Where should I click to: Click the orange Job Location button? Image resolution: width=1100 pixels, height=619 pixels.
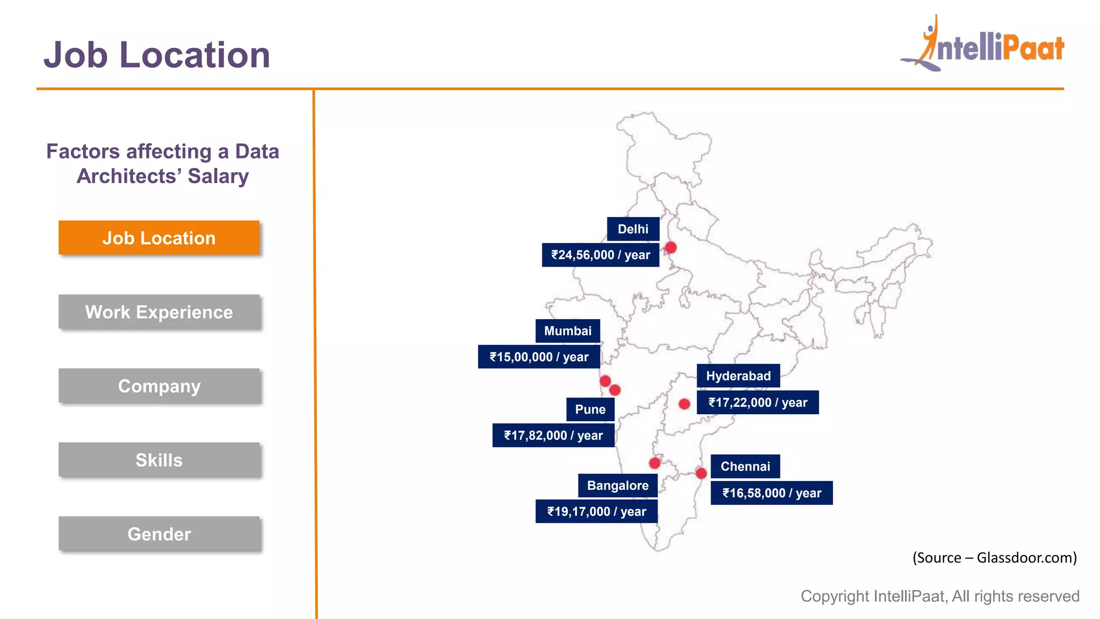coord(159,237)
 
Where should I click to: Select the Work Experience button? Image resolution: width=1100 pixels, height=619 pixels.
coord(159,312)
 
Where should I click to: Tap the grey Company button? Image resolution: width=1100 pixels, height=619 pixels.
coord(159,386)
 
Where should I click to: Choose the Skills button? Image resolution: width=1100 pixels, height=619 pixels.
coord(159,460)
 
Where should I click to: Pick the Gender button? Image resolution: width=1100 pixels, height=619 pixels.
coord(159,534)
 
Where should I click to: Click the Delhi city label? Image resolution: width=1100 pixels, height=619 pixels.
coord(633,229)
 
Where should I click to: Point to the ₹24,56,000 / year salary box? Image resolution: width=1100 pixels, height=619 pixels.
coord(600,255)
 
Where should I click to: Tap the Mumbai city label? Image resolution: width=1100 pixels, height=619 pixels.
coord(568,330)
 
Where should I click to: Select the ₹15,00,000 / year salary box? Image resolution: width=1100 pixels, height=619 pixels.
coord(539,357)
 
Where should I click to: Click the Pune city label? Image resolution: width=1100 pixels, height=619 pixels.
coord(590,409)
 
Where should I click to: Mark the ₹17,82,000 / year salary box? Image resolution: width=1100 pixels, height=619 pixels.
coord(553,435)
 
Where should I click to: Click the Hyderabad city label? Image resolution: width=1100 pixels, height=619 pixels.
coord(738,376)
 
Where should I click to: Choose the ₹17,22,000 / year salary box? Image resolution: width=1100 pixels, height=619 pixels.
coord(757,402)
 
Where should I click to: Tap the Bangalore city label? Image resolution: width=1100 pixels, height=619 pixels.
coord(618,485)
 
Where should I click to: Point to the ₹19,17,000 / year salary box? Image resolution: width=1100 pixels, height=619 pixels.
coord(596,512)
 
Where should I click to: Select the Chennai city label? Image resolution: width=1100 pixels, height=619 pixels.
coord(745,466)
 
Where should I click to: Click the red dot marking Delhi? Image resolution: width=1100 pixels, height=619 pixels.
coord(671,248)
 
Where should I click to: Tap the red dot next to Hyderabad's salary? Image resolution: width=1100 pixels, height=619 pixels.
coord(684,404)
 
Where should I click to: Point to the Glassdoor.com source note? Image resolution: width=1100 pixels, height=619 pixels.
coord(994,558)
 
